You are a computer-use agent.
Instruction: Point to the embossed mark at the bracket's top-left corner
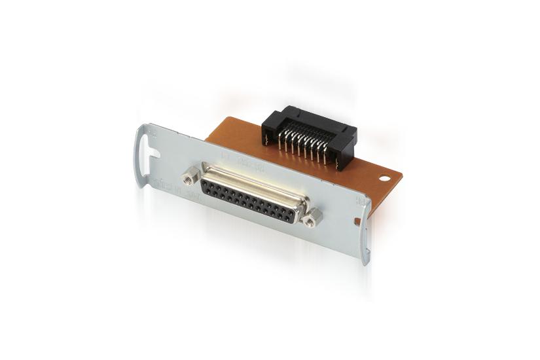point(153,132)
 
